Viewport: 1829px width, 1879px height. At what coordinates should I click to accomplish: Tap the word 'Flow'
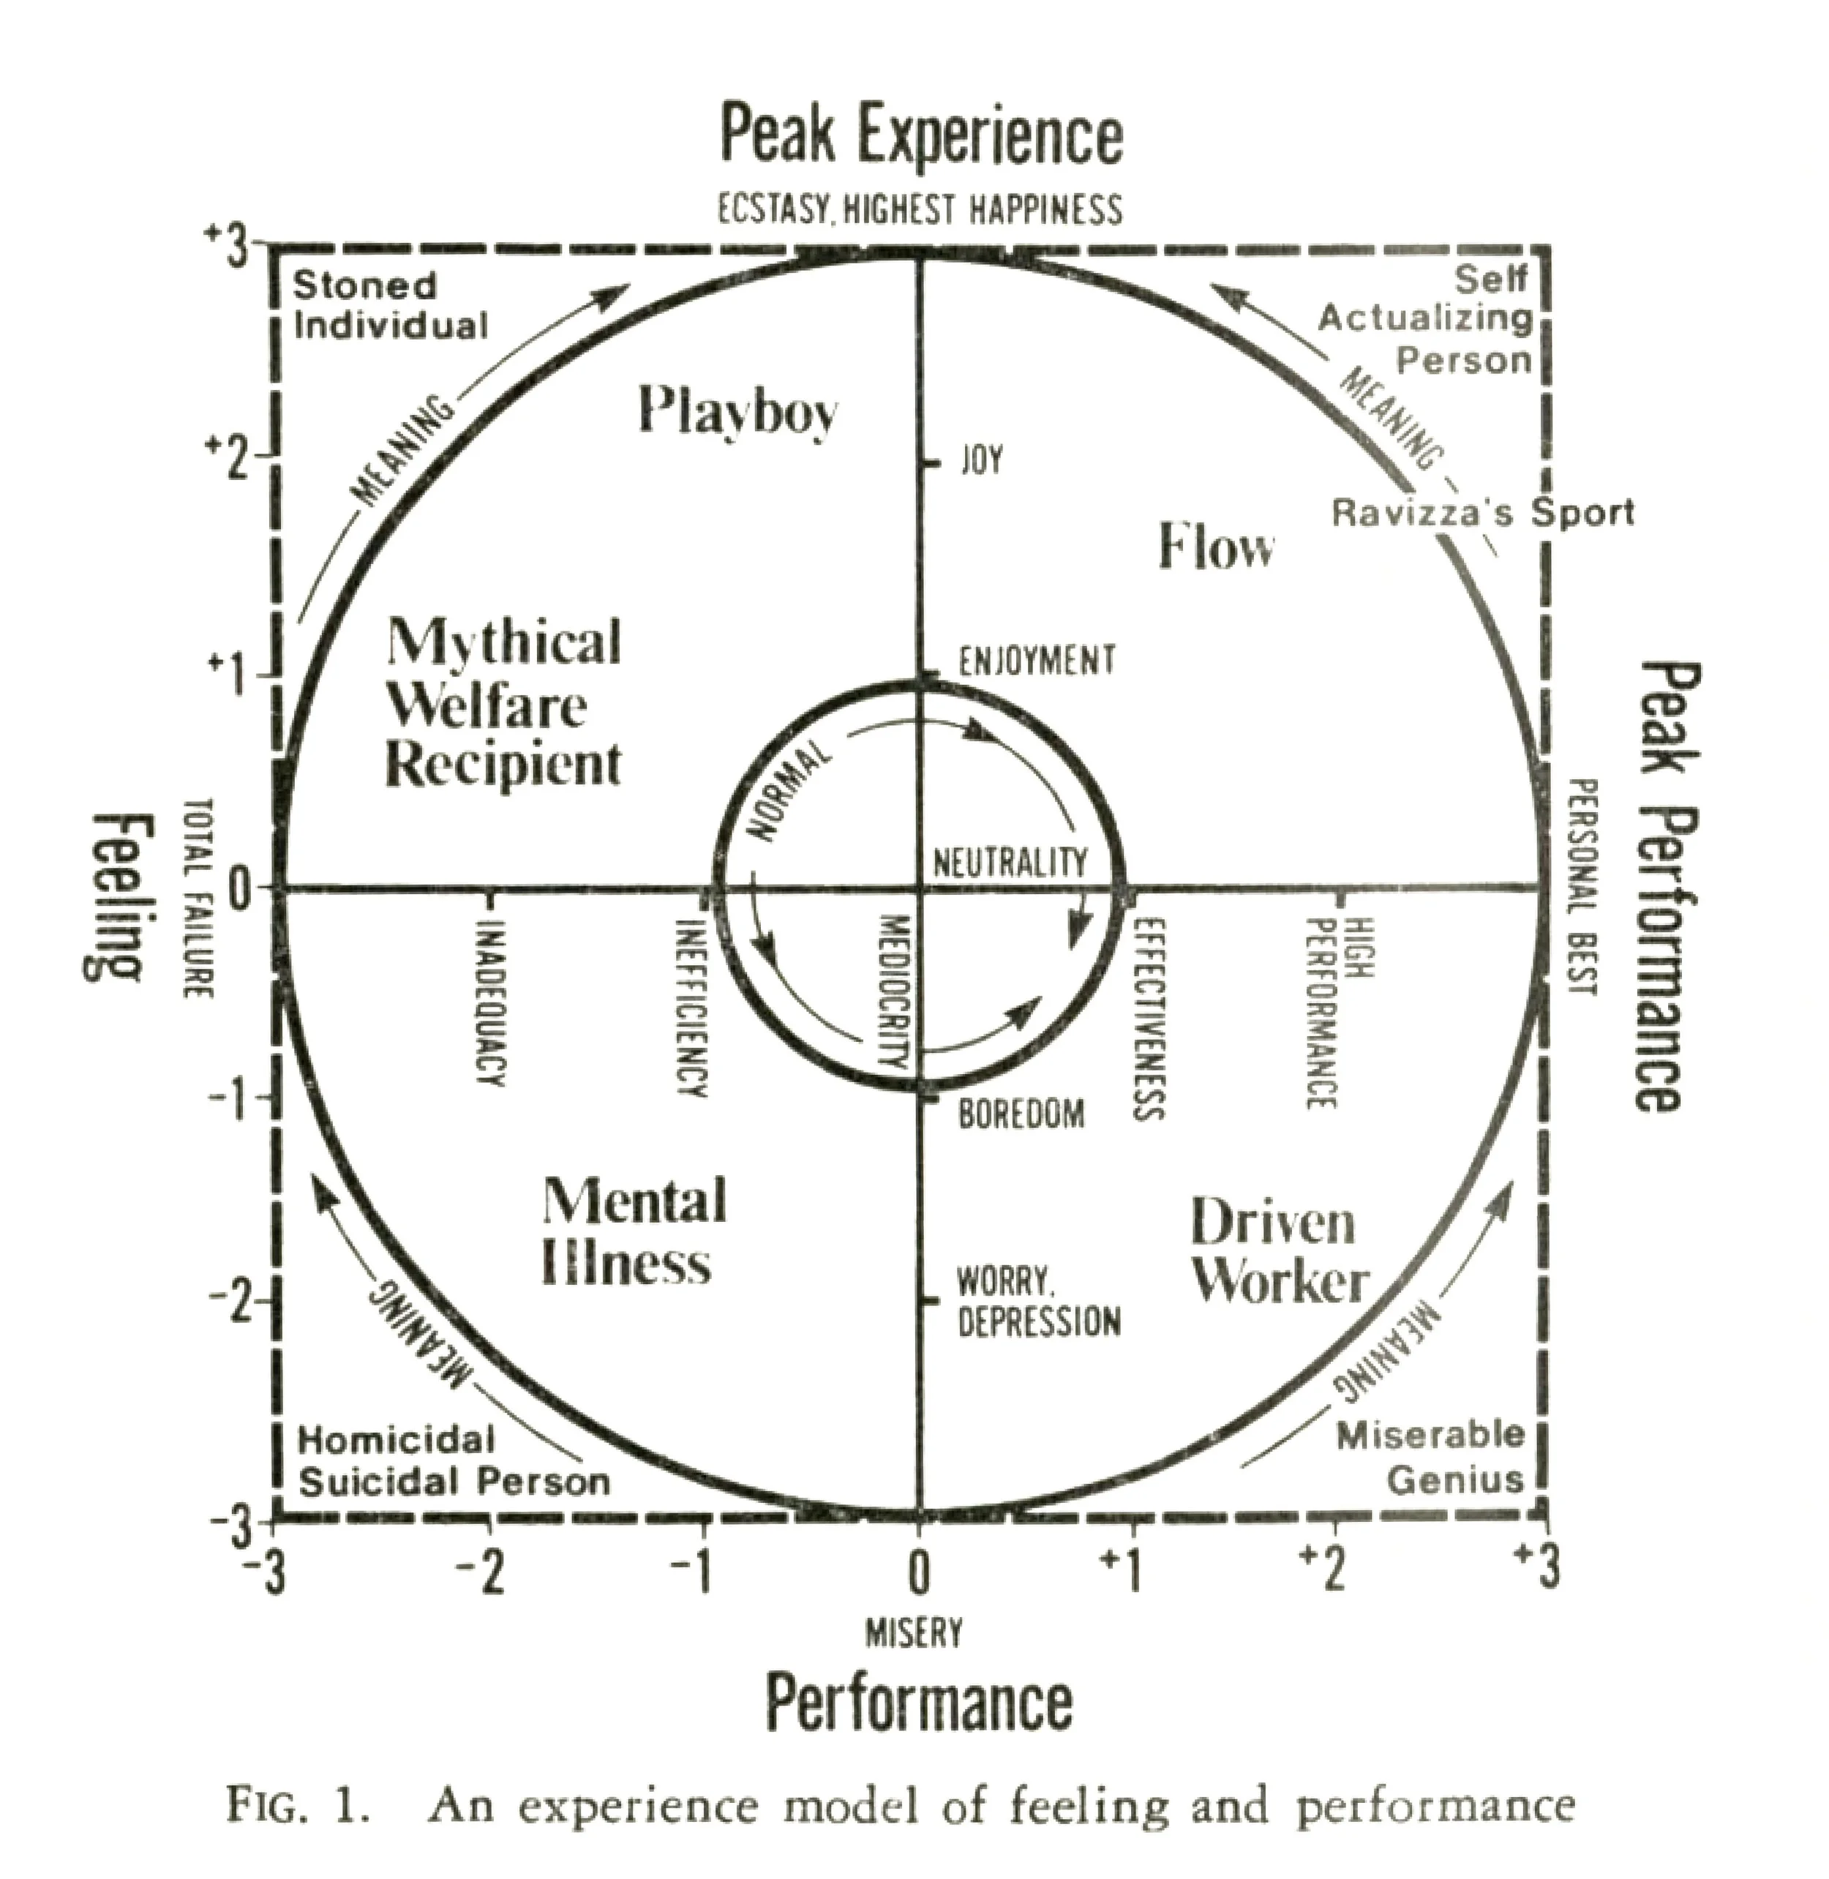(x=1216, y=547)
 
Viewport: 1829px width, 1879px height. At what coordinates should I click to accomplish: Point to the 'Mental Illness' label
(x=634, y=1232)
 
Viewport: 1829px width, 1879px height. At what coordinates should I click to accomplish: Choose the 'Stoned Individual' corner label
(x=390, y=305)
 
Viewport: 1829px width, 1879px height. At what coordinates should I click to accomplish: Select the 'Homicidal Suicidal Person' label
(x=454, y=1461)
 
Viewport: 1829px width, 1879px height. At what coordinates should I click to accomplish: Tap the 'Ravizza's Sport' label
(x=1481, y=513)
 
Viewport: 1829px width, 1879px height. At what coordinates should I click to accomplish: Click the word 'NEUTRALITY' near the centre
(x=1010, y=862)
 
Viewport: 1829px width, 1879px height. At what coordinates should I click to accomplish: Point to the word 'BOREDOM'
(x=1022, y=1114)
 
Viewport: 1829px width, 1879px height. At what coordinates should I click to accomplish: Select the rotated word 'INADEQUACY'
(x=490, y=1004)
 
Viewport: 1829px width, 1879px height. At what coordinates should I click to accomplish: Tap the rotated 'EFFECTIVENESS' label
(x=1149, y=1019)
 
